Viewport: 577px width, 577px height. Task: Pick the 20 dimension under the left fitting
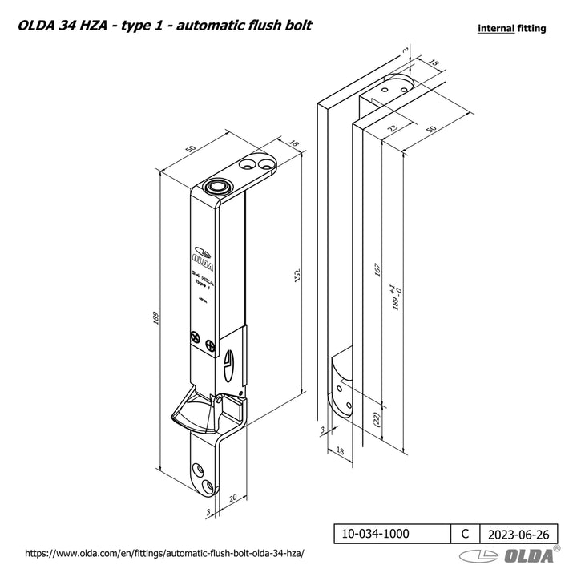coord(232,498)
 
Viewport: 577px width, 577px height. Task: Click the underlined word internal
coord(495,28)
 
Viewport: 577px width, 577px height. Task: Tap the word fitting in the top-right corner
coord(531,28)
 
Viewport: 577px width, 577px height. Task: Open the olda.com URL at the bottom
coord(166,554)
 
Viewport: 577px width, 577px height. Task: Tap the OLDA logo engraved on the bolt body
coord(203,256)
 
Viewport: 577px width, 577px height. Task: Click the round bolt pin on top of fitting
coord(216,186)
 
